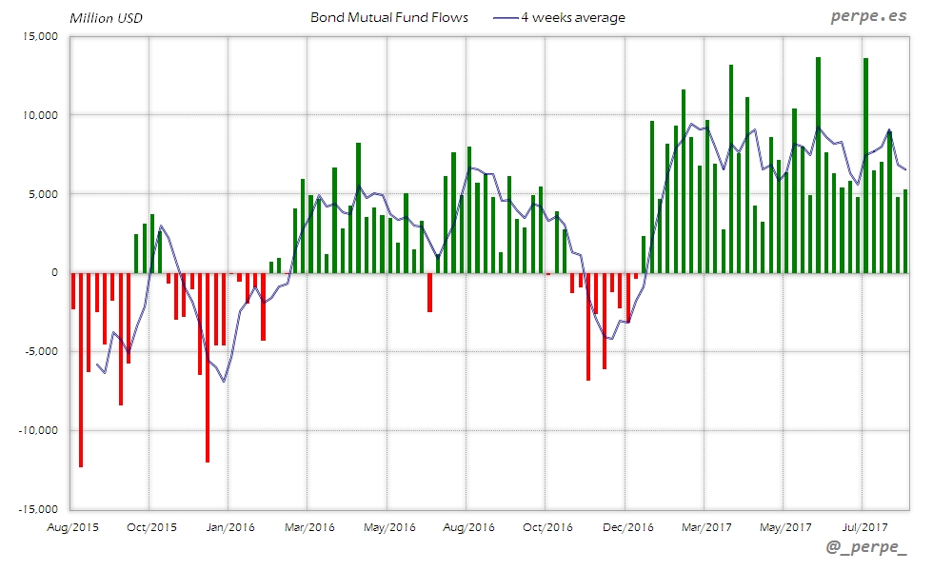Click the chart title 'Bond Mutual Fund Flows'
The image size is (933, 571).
(x=388, y=18)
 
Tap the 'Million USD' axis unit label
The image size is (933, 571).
(x=106, y=18)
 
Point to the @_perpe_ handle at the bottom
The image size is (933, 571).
(x=866, y=549)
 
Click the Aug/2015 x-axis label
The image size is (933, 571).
(x=72, y=526)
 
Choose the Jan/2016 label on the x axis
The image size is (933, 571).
(x=229, y=526)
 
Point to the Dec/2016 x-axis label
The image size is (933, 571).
(x=627, y=526)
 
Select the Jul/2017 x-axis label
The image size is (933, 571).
(x=864, y=526)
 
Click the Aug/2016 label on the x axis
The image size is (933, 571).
(x=467, y=526)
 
